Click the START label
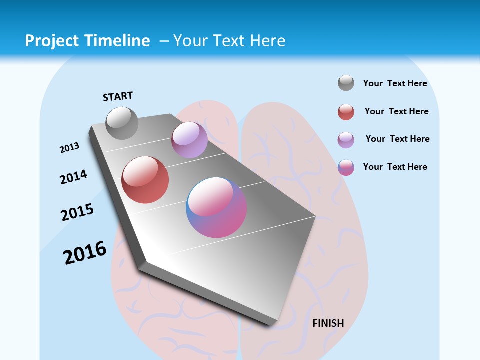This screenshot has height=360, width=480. (x=118, y=96)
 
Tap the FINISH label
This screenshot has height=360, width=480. (x=328, y=323)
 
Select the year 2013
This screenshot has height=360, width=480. (x=69, y=148)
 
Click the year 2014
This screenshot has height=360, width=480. (x=74, y=177)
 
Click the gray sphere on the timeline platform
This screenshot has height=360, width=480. (x=122, y=123)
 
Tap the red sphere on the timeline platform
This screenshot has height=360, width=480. (x=145, y=180)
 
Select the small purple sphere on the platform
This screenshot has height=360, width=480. (x=189, y=140)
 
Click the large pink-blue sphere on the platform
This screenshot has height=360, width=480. (x=216, y=207)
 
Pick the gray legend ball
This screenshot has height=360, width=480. (x=346, y=83)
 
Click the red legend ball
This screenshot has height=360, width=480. (x=346, y=112)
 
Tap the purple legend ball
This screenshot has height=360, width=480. (x=346, y=139)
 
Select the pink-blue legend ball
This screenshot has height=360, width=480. (x=346, y=167)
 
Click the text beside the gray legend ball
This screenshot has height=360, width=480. (x=395, y=83)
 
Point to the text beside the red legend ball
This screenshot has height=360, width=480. (x=396, y=111)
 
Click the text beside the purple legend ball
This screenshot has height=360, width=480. (x=397, y=139)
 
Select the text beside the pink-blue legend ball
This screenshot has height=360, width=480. (x=395, y=167)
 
